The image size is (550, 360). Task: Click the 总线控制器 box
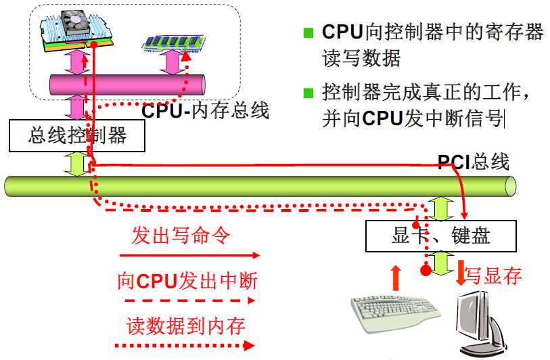(x=77, y=135)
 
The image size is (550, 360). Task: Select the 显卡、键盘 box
(x=440, y=235)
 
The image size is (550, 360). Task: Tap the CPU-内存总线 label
(x=205, y=110)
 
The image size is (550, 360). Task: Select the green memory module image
(x=172, y=43)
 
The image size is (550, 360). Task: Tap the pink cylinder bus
(x=128, y=85)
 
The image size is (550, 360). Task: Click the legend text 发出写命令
(x=181, y=235)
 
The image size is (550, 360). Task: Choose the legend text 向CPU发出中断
(x=187, y=280)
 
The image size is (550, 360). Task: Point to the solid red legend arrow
(x=189, y=256)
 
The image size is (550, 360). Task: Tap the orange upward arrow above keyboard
(x=396, y=276)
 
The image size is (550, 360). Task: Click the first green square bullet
(x=309, y=32)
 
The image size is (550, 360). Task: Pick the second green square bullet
(x=309, y=93)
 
